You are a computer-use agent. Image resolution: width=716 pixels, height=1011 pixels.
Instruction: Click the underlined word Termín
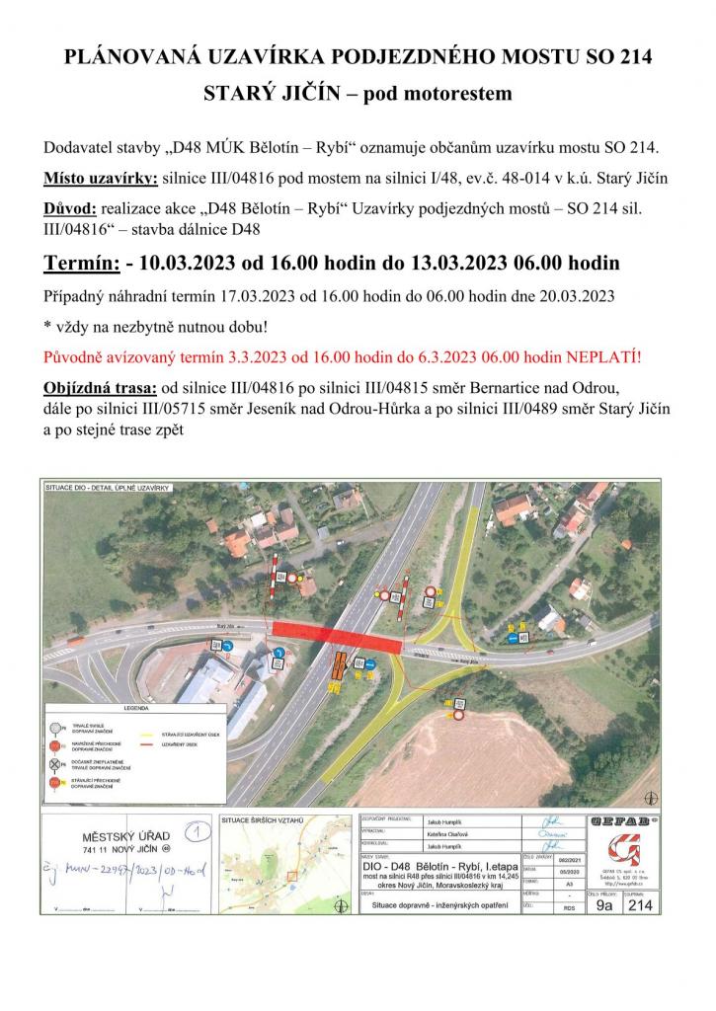[80, 264]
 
